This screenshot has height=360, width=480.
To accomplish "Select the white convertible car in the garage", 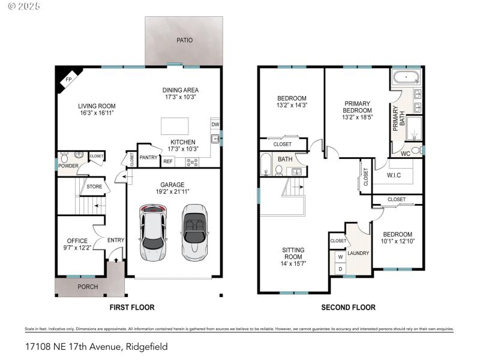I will click(x=194, y=232).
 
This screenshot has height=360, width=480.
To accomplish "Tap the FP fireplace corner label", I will click(x=68, y=80).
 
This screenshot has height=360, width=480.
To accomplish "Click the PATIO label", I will click(x=184, y=41).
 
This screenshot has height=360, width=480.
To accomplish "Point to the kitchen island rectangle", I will click(x=175, y=126).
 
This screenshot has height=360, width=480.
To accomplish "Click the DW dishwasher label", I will click(x=214, y=125).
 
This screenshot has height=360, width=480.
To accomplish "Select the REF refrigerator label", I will click(x=168, y=161).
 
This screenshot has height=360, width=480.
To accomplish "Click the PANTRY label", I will click(x=148, y=157).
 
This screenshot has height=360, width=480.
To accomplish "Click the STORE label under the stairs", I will click(x=94, y=187).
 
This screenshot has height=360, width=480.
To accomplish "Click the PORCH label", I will click(x=88, y=286).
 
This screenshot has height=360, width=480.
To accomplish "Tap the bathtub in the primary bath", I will click(x=407, y=77).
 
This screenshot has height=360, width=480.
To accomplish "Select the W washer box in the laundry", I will click(x=340, y=257).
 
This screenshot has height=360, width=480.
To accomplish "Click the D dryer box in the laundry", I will click(x=340, y=269).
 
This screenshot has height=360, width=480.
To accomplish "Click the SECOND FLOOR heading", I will click(x=348, y=307).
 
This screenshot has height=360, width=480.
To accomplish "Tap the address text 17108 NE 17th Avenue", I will click(x=72, y=346).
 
